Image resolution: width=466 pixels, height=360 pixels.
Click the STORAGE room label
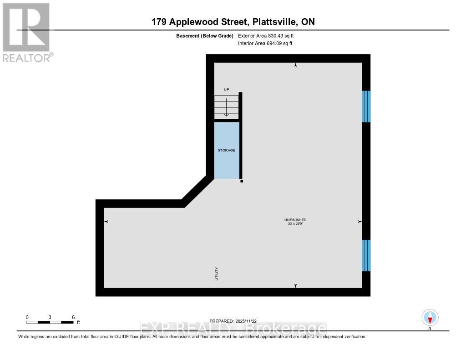(226, 151)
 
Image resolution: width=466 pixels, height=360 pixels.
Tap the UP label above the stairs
(227, 90)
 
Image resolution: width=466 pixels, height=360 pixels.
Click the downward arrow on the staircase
(227, 107)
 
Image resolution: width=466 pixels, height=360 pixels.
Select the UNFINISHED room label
(295, 220)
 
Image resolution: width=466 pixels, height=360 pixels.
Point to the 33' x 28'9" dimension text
(295, 223)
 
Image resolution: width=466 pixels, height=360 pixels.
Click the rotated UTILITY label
(217, 274)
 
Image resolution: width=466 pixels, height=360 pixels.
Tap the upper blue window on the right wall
(366, 106)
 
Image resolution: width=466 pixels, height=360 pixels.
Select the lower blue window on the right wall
(366, 256)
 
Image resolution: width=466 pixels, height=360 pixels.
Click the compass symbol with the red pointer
(430, 318)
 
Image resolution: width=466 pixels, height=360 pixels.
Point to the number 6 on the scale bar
(73, 318)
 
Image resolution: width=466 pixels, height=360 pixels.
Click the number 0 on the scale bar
(27, 318)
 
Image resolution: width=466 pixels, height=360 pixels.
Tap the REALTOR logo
(28, 32)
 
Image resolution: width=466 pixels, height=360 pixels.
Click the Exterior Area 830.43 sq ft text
(266, 36)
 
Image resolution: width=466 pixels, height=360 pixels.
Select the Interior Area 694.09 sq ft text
(265, 43)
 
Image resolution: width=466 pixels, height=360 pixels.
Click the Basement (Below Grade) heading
(205, 36)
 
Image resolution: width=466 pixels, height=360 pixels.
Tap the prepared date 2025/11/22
(246, 321)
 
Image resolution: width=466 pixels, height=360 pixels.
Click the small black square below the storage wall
(242, 181)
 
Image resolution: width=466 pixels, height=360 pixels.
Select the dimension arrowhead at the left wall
(106, 222)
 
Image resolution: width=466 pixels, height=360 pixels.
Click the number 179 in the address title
(159, 22)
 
